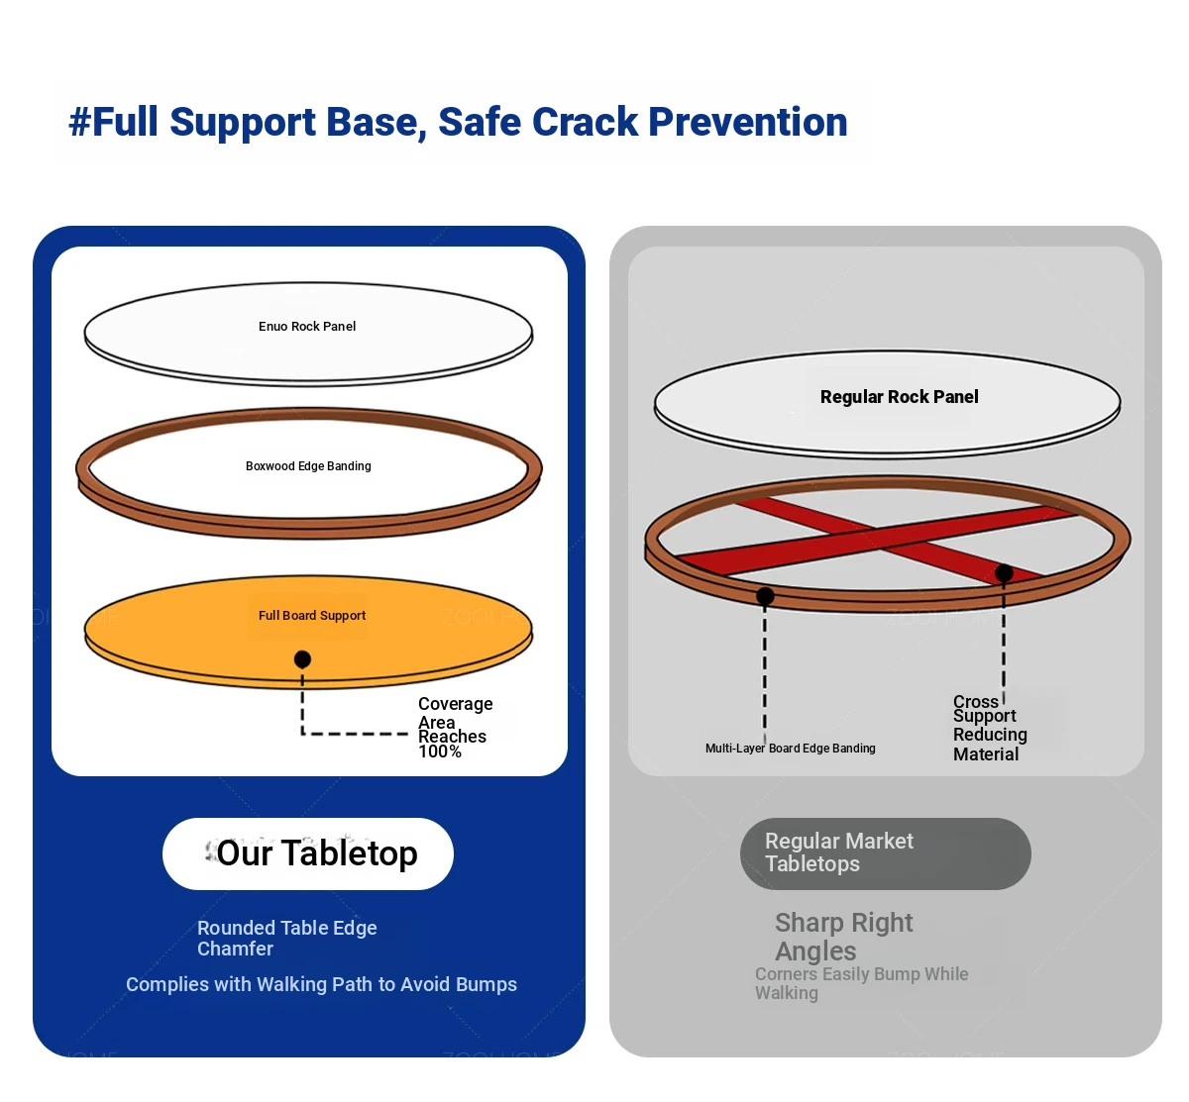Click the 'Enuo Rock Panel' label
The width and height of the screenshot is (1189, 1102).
[306, 326]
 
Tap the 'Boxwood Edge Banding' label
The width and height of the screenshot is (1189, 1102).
[308, 466]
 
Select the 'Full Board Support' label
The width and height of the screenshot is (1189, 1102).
[311, 615]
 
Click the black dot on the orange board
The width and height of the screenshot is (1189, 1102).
[302, 659]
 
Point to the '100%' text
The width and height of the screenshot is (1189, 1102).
[440, 751]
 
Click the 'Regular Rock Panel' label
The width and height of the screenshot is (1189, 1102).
[899, 397]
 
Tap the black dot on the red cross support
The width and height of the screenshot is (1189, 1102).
[1004, 573]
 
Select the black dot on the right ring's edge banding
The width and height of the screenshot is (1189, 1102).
[765, 596]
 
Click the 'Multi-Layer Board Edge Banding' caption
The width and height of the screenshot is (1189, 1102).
[790, 748]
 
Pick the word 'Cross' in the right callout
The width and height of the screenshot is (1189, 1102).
[975, 701]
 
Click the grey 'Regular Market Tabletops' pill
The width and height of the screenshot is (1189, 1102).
[885, 853]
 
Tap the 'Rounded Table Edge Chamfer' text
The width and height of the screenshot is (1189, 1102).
[286, 938]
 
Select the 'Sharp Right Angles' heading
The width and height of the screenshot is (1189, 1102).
[843, 937]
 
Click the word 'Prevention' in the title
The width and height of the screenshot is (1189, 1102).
[747, 122]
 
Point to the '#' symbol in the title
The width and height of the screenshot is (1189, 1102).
[79, 122]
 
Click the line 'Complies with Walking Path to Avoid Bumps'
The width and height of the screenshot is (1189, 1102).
[321, 985]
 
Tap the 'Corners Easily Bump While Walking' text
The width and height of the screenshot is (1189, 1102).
[861, 983]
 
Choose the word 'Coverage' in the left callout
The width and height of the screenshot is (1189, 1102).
[455, 704]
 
